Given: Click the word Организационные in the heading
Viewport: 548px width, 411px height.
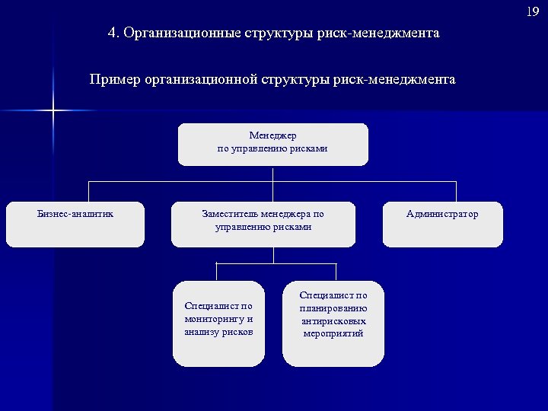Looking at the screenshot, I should pyautogui.click(x=180, y=33).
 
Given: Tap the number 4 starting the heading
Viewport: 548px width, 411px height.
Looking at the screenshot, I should pyautogui.click(x=113, y=33).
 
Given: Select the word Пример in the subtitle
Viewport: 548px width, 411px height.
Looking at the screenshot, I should pyautogui.click(x=114, y=79).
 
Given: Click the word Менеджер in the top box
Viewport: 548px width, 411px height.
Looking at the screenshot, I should pyautogui.click(x=272, y=135).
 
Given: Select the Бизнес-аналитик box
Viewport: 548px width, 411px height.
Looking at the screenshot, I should pyautogui.click(x=75, y=224).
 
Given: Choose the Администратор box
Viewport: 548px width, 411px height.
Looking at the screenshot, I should pyautogui.click(x=442, y=224).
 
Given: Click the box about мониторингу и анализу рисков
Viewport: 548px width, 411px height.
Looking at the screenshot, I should pyautogui.click(x=218, y=323).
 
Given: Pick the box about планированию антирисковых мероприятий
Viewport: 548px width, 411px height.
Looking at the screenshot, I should pyautogui.click(x=333, y=323).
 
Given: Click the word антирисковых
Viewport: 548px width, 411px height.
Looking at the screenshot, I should pyautogui.click(x=333, y=320).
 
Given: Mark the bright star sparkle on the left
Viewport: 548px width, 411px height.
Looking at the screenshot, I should pyautogui.click(x=53, y=111).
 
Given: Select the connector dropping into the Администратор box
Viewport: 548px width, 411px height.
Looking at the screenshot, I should pyautogui.click(x=456, y=191).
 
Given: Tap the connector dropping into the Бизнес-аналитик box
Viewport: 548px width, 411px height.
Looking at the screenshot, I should pyautogui.click(x=88, y=191).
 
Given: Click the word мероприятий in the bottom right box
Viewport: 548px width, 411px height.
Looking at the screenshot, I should pyautogui.click(x=333, y=333).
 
